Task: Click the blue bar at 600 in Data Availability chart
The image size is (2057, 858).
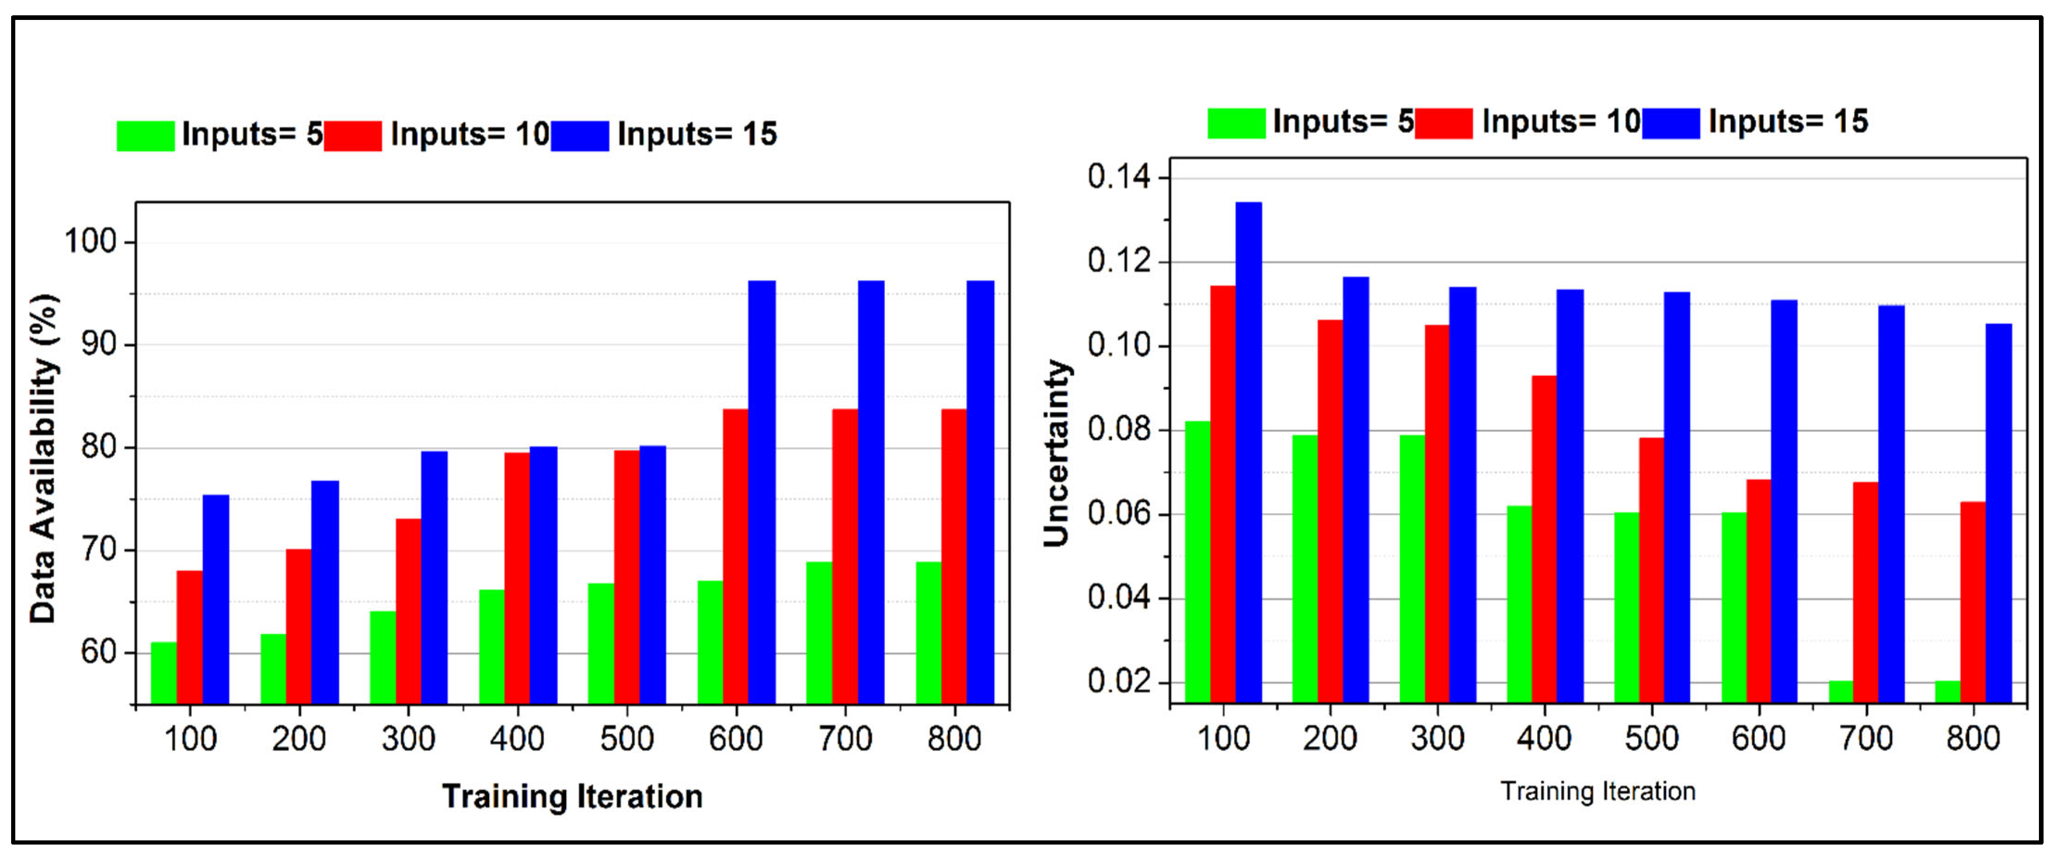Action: click(x=762, y=491)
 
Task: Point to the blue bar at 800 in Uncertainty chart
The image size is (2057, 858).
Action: click(x=1999, y=512)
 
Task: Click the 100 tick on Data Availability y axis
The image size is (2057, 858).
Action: click(x=90, y=241)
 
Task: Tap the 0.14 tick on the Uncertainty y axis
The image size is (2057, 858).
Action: click(x=1119, y=177)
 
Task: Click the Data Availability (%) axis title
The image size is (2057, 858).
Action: click(x=44, y=458)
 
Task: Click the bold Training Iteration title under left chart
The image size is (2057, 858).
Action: click(x=572, y=796)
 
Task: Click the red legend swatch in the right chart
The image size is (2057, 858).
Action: click(x=1443, y=123)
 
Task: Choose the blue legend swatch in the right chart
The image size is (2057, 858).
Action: click(x=1671, y=123)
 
